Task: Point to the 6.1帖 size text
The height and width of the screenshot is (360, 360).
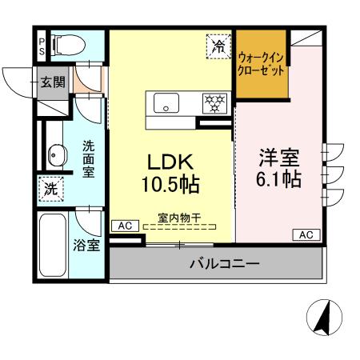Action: (x=279, y=179)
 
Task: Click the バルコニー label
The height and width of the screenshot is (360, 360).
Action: (x=223, y=263)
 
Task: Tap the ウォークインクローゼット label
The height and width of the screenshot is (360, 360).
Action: (x=262, y=63)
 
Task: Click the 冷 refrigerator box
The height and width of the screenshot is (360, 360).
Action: (x=218, y=46)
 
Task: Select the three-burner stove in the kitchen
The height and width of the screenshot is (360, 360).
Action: (x=214, y=102)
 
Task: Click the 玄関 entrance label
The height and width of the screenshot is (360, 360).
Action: (x=54, y=82)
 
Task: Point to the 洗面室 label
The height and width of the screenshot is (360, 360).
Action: (x=88, y=159)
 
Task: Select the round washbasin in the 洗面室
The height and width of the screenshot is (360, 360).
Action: (x=55, y=154)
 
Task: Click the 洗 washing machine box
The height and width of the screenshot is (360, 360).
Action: (x=50, y=190)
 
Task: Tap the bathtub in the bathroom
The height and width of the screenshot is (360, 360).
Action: (x=52, y=244)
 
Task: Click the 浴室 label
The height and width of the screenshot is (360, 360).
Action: (x=88, y=245)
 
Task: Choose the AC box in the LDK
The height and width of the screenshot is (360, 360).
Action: (x=124, y=226)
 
